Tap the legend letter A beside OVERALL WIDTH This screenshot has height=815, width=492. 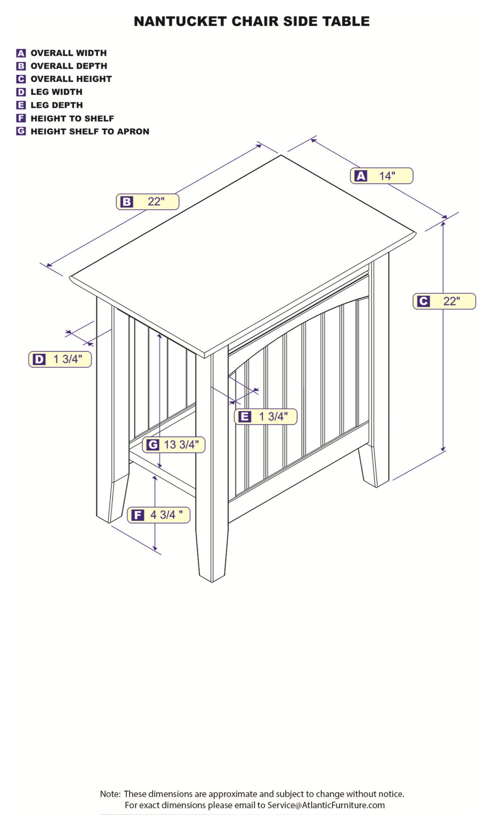21,53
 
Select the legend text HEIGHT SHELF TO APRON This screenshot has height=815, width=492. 90,131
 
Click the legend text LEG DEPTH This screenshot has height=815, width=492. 57,105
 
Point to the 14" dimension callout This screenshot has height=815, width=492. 382,176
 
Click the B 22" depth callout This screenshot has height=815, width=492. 148,202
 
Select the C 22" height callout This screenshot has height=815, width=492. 444,301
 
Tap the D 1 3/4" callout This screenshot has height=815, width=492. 60,359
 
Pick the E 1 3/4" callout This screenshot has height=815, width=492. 266,417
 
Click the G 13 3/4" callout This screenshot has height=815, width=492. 174,445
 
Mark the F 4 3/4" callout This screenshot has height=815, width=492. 158,515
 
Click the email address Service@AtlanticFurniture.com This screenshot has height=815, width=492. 326,805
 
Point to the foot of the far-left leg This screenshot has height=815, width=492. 112,498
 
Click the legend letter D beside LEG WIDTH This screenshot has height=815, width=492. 21,92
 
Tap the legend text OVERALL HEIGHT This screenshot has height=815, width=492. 71,79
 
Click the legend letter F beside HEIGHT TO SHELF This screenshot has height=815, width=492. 21,118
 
